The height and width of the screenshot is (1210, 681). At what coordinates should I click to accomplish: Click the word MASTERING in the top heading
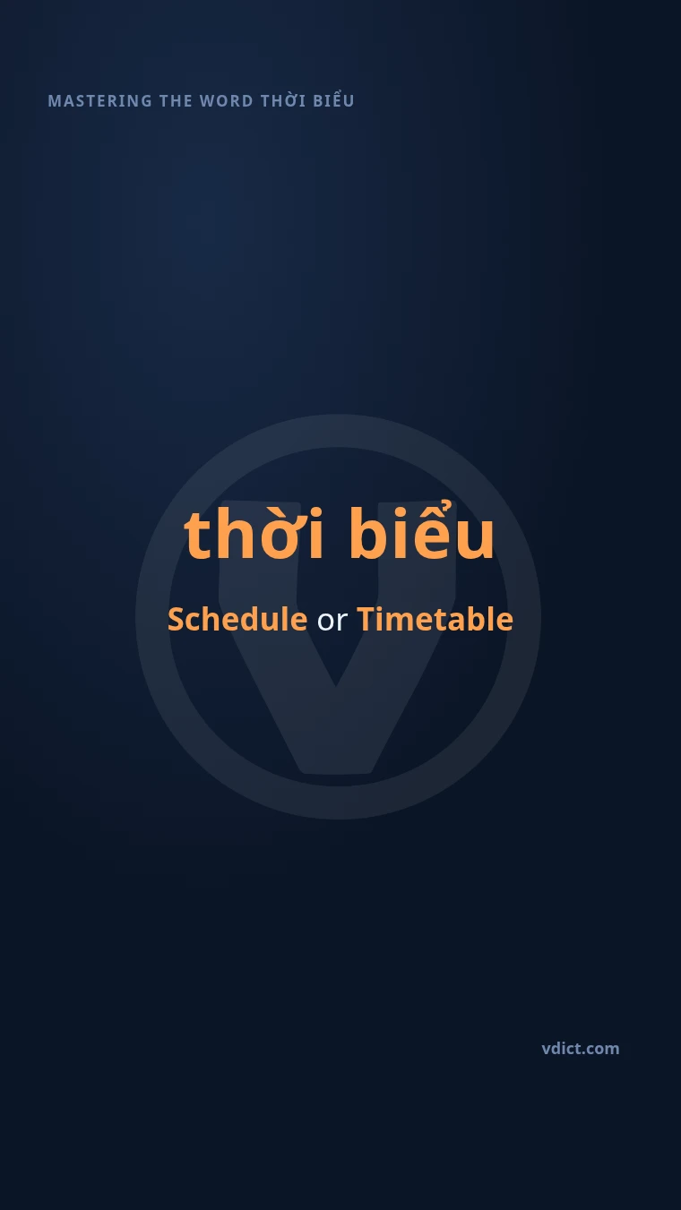[x=100, y=101]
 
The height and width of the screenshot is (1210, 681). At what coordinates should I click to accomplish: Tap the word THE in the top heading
[x=176, y=101]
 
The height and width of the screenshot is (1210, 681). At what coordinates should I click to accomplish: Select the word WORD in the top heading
[x=227, y=101]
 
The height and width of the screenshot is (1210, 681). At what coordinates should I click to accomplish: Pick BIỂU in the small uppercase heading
[x=333, y=100]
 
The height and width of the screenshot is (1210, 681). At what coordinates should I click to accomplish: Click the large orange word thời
[x=254, y=533]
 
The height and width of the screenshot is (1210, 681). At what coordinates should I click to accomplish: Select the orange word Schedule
[x=237, y=619]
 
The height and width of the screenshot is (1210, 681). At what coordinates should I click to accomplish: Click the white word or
[x=332, y=622]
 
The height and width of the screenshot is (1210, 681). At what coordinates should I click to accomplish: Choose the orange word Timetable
[x=435, y=619]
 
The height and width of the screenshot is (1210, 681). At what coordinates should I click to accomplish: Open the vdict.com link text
[x=581, y=1049]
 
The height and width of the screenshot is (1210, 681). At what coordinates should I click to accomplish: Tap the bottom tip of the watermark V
[x=336, y=771]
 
